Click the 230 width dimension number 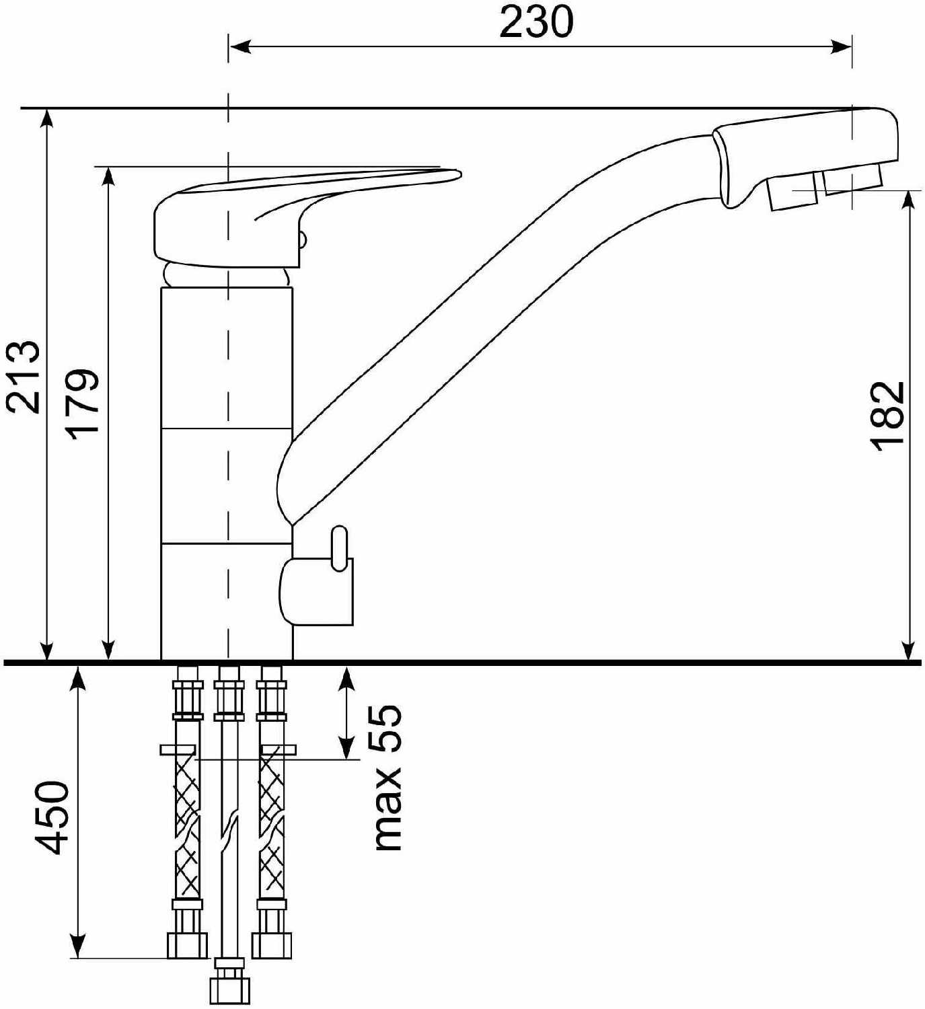[x=536, y=22]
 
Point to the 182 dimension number [x=889, y=416]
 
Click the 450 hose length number [x=52, y=817]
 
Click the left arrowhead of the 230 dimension [x=239, y=47]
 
